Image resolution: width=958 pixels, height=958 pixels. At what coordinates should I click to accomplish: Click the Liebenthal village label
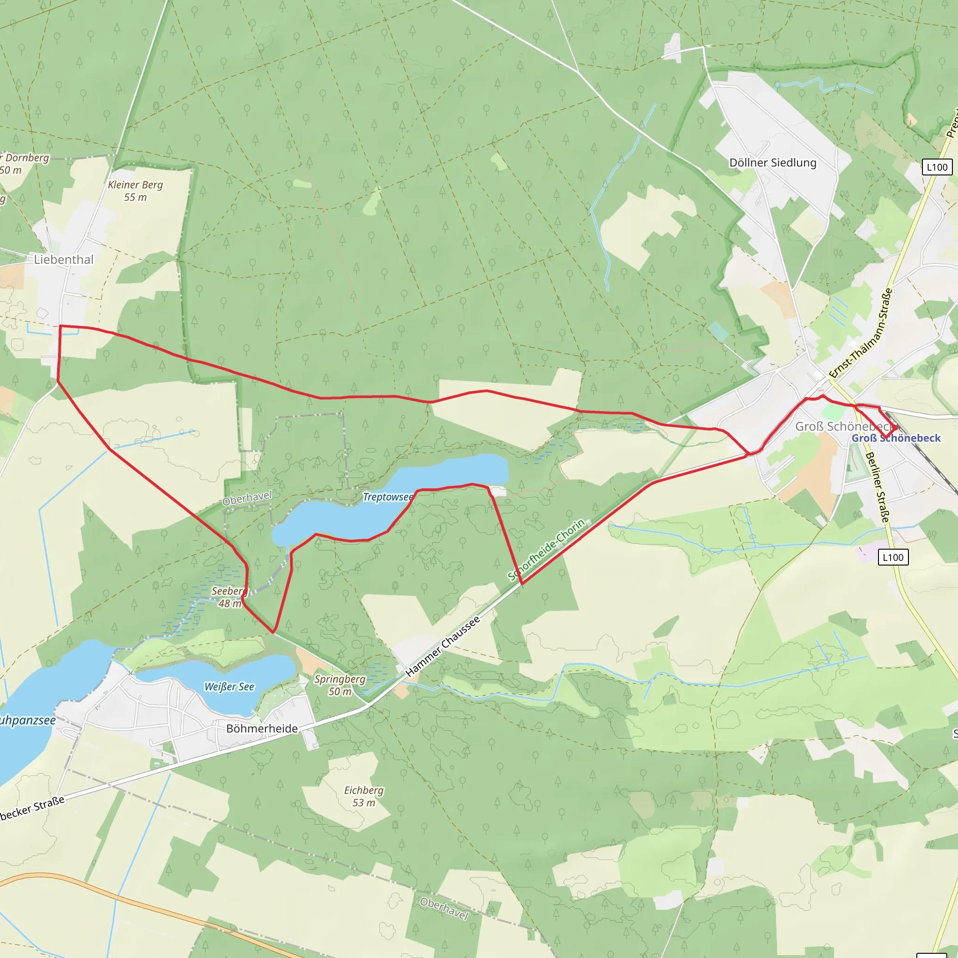pos(64,259)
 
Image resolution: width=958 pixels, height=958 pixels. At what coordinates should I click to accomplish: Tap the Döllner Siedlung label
pos(773,163)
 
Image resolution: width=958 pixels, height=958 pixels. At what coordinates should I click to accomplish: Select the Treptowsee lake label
pos(388,497)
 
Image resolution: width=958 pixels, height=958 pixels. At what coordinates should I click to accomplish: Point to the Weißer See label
pos(229,687)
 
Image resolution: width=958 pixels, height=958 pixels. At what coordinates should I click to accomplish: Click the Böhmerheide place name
pos(262,728)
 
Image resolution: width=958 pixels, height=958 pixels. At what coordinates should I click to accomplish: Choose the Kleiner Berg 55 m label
pos(135,191)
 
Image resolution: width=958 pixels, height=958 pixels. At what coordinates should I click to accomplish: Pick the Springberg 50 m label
pos(340,685)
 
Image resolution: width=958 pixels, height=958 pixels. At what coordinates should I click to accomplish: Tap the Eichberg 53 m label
pos(363,796)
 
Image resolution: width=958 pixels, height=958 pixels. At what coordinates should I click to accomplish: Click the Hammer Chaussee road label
pos(443,646)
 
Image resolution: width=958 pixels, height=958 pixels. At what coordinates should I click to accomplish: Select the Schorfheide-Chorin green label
pos(546,550)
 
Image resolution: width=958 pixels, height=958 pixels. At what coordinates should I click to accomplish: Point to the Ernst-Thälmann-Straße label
pos(860,333)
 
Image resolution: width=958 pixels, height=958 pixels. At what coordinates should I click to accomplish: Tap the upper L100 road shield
pos(936,167)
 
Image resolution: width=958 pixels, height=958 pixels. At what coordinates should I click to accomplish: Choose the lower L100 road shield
pos(893,557)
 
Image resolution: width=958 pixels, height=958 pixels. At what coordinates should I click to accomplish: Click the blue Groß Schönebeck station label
pos(896,438)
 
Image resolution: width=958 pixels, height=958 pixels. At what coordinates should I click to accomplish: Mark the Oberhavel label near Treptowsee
pos(247,498)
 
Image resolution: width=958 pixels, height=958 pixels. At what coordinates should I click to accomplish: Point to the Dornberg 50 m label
pos(22,164)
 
